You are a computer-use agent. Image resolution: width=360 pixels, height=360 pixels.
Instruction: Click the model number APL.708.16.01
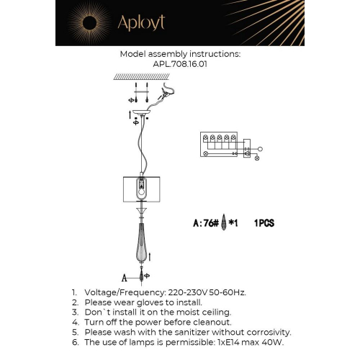tap(179, 63)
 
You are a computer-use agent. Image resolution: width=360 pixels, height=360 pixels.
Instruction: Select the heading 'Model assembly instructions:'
tap(180, 54)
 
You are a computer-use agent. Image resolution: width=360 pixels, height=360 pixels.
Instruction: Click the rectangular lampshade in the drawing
tap(142, 189)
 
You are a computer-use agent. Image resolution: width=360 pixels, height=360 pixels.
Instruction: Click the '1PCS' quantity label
tap(264, 224)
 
